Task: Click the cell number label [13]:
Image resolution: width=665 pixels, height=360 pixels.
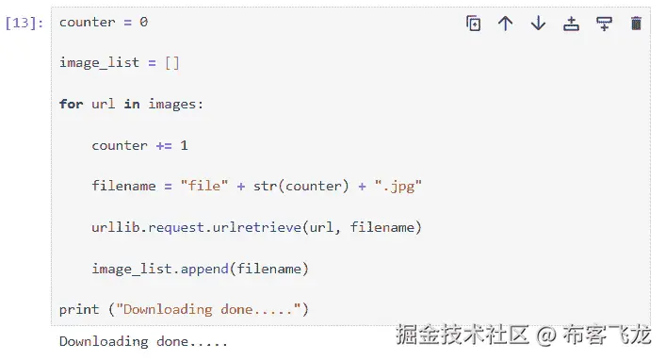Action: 24,23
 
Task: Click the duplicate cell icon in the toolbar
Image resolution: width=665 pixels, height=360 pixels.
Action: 474,24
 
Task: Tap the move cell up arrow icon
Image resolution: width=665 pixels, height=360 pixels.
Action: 506,24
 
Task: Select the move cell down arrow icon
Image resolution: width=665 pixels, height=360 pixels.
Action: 538,24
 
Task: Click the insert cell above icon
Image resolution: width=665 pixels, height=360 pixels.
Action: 571,24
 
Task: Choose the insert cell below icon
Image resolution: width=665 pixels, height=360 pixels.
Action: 604,24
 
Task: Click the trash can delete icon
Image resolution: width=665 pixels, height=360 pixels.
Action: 636,24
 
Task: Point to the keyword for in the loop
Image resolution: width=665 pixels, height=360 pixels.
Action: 71,104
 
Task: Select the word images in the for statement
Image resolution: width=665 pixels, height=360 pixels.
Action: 170,104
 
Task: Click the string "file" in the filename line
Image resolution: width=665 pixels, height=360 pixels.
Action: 203,186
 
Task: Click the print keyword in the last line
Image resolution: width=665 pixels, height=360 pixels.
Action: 79,309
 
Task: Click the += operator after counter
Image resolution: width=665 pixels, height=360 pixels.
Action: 163,145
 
